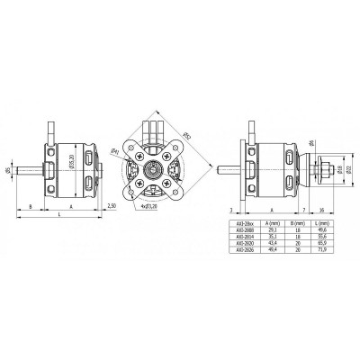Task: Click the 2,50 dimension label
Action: click(x=111, y=206)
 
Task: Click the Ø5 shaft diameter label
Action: click(x=8, y=167)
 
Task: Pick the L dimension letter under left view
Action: click(x=60, y=216)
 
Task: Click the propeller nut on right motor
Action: click(x=321, y=167)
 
